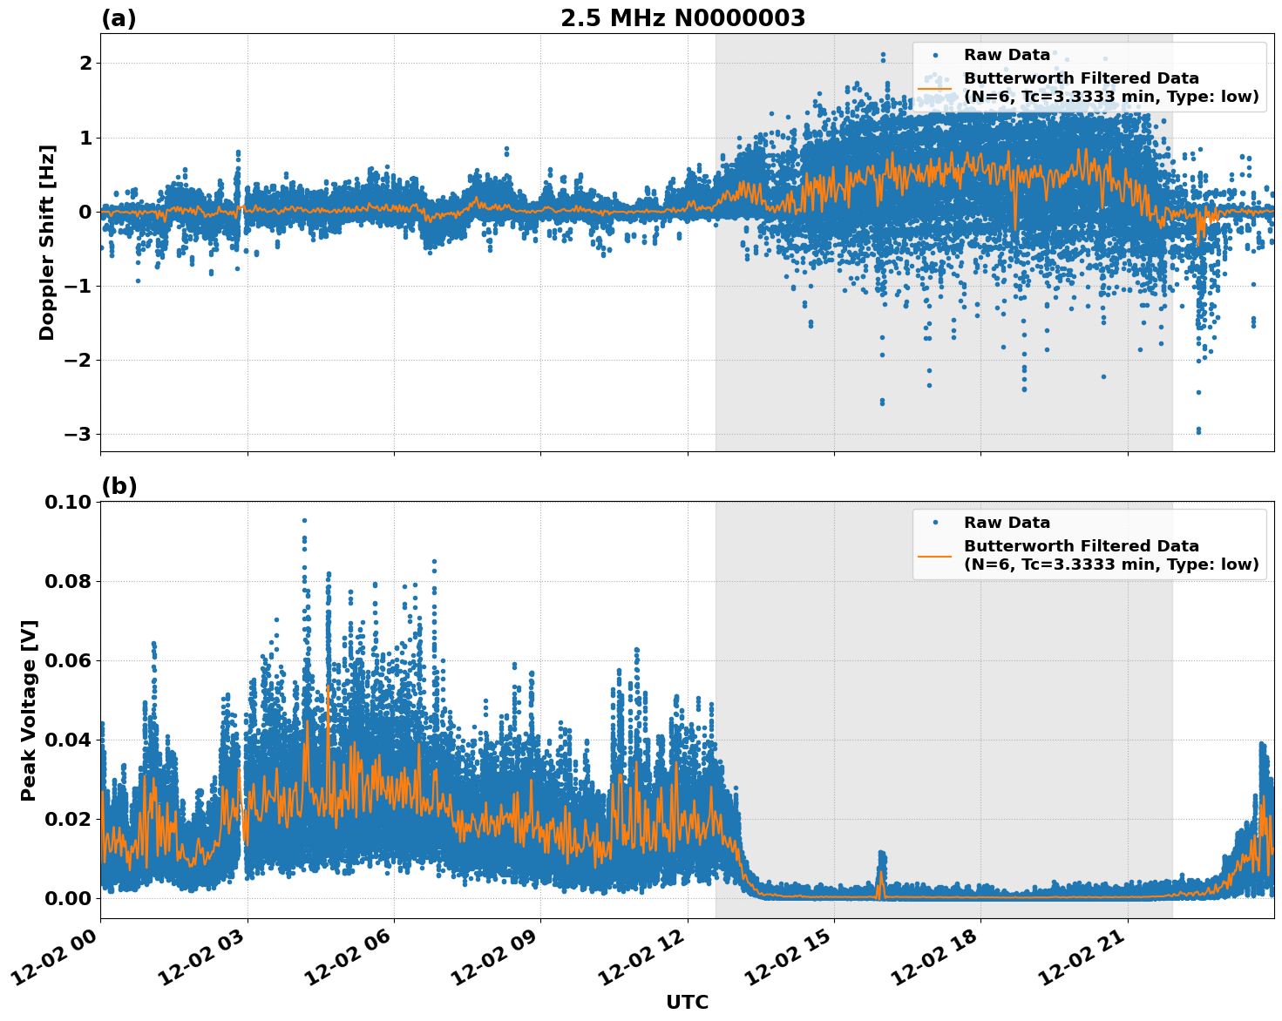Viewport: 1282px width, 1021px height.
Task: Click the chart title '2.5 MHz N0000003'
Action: pyautogui.click(x=682, y=18)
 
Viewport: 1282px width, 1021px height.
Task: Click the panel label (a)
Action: pyautogui.click(x=119, y=18)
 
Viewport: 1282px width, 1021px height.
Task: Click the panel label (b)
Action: pyautogui.click(x=119, y=486)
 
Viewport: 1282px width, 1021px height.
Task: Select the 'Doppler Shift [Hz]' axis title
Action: pyautogui.click(x=47, y=242)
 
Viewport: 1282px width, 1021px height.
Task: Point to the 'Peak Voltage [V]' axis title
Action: pyautogui.click(x=29, y=710)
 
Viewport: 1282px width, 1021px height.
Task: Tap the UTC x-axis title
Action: pyautogui.click(x=687, y=1002)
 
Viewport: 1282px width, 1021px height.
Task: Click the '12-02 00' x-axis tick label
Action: pyautogui.click(x=56, y=958)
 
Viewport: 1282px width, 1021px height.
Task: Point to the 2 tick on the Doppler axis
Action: pyautogui.click(x=85, y=64)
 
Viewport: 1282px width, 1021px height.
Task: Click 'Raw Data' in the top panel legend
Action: pyautogui.click(x=1007, y=55)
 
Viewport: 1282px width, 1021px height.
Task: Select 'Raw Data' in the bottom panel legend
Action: pyautogui.click(x=1007, y=523)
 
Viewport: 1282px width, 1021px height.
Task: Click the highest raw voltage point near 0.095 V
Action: pyautogui.click(x=304, y=521)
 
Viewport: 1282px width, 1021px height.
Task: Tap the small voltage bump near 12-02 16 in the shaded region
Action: pyautogui.click(x=881, y=862)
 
